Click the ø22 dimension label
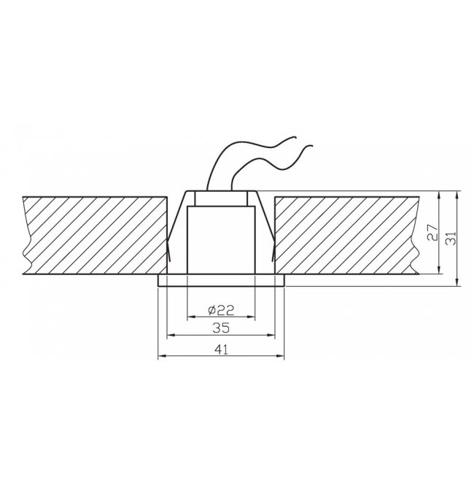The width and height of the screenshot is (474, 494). click(x=222, y=311)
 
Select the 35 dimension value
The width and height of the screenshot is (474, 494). click(x=221, y=328)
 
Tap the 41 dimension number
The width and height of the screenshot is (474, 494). click(x=221, y=350)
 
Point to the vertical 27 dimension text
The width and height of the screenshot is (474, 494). click(x=432, y=233)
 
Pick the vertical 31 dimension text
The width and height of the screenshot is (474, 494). click(x=451, y=238)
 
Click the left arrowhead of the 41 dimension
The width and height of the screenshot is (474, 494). click(x=162, y=356)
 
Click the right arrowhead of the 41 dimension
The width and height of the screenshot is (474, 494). click(x=280, y=356)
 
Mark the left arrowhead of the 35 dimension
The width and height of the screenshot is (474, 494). click(x=171, y=335)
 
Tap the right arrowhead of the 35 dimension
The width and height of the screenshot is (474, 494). click(x=271, y=335)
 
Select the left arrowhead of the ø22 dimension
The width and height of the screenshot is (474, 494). click(x=191, y=317)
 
